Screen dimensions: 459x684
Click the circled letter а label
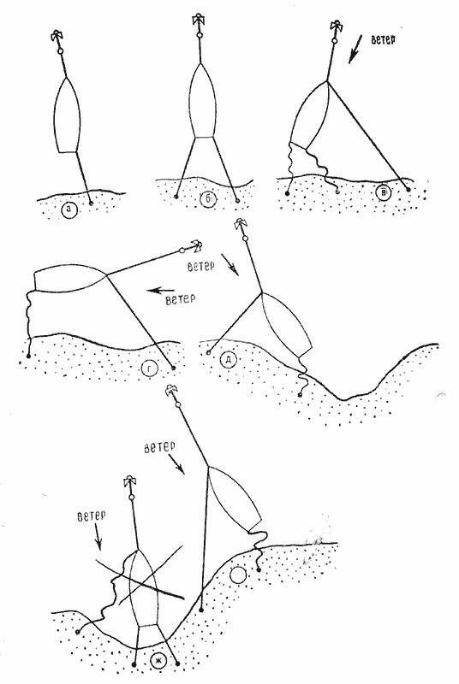tap(69, 210)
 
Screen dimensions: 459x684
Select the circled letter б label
tap(209, 199)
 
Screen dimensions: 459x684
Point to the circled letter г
tap(149, 370)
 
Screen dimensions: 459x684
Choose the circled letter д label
tap(229, 359)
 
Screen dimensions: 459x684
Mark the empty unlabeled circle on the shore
tap(238, 575)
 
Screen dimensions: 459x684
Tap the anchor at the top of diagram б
tap(199, 21)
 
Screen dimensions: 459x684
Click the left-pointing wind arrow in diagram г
tap(161, 290)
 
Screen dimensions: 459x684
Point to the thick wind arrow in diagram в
tap(356, 49)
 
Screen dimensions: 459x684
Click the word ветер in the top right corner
tap(384, 39)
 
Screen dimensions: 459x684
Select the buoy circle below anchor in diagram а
tap(61, 51)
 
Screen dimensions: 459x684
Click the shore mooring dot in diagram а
tap(91, 203)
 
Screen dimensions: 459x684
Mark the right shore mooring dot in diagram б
tap(237, 201)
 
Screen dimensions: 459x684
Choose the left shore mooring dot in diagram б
tap(176, 198)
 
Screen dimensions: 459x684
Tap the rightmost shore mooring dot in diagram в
tap(408, 190)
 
